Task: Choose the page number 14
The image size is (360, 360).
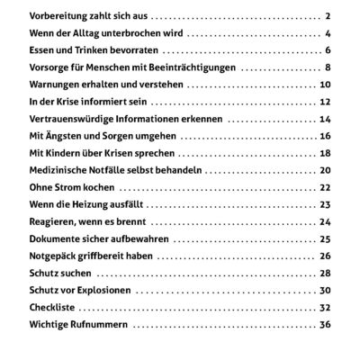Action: point(326,119)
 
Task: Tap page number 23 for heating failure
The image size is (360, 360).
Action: point(326,204)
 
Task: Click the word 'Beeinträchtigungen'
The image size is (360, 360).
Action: point(190,67)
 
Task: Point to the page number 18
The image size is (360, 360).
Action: point(326,153)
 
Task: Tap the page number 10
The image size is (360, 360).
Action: point(326,85)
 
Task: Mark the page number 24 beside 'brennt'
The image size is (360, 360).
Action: point(326,221)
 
